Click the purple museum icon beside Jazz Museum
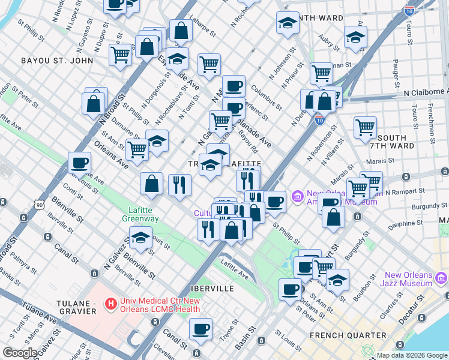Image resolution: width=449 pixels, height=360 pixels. click(441, 278)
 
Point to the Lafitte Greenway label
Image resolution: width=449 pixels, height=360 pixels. click(143, 215)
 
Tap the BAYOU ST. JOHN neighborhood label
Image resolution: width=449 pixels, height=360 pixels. click(57, 61)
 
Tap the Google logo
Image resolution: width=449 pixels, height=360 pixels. click(20, 353)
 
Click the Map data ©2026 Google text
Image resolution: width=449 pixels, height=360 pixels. click(412, 355)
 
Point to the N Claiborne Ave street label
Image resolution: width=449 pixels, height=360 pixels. click(426, 92)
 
